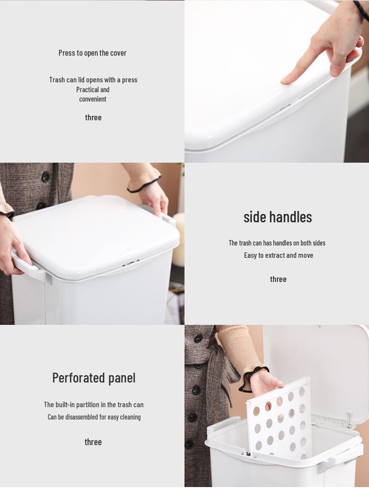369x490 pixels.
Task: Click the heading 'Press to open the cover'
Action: click(x=92, y=53)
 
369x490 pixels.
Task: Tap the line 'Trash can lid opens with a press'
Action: click(x=93, y=79)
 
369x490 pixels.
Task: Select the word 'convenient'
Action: click(x=92, y=99)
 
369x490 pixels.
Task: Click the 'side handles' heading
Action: click(x=277, y=216)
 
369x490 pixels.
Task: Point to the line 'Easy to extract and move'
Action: click(x=278, y=255)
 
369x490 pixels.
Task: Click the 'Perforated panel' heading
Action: click(x=93, y=378)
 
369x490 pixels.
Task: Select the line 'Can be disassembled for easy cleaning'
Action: click(x=94, y=417)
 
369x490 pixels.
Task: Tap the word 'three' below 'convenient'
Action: click(x=93, y=117)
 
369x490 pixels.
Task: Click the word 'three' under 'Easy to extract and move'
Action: click(x=278, y=279)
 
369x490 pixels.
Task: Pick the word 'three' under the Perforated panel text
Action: click(x=93, y=442)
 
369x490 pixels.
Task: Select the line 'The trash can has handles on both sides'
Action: click(x=277, y=243)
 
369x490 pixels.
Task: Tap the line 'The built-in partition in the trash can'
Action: click(x=93, y=404)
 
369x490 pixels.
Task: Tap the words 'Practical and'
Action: click(x=92, y=89)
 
